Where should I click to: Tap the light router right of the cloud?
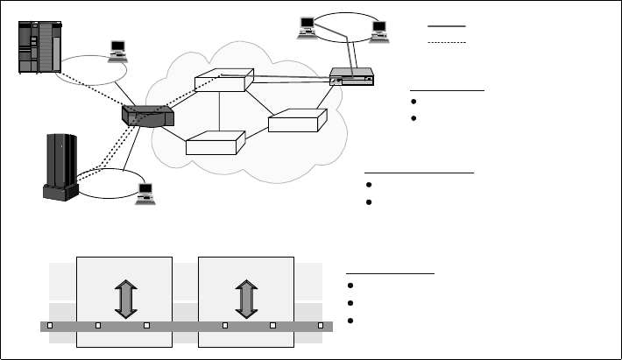[x=352, y=78]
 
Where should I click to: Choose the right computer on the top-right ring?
[x=379, y=31]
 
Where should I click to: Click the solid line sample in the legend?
[x=447, y=26]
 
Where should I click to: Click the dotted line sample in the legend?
[x=447, y=41]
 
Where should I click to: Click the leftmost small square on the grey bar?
[x=50, y=325]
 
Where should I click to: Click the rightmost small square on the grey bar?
[x=321, y=325]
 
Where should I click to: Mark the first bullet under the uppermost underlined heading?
[x=413, y=102]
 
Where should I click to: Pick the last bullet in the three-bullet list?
[x=350, y=320]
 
